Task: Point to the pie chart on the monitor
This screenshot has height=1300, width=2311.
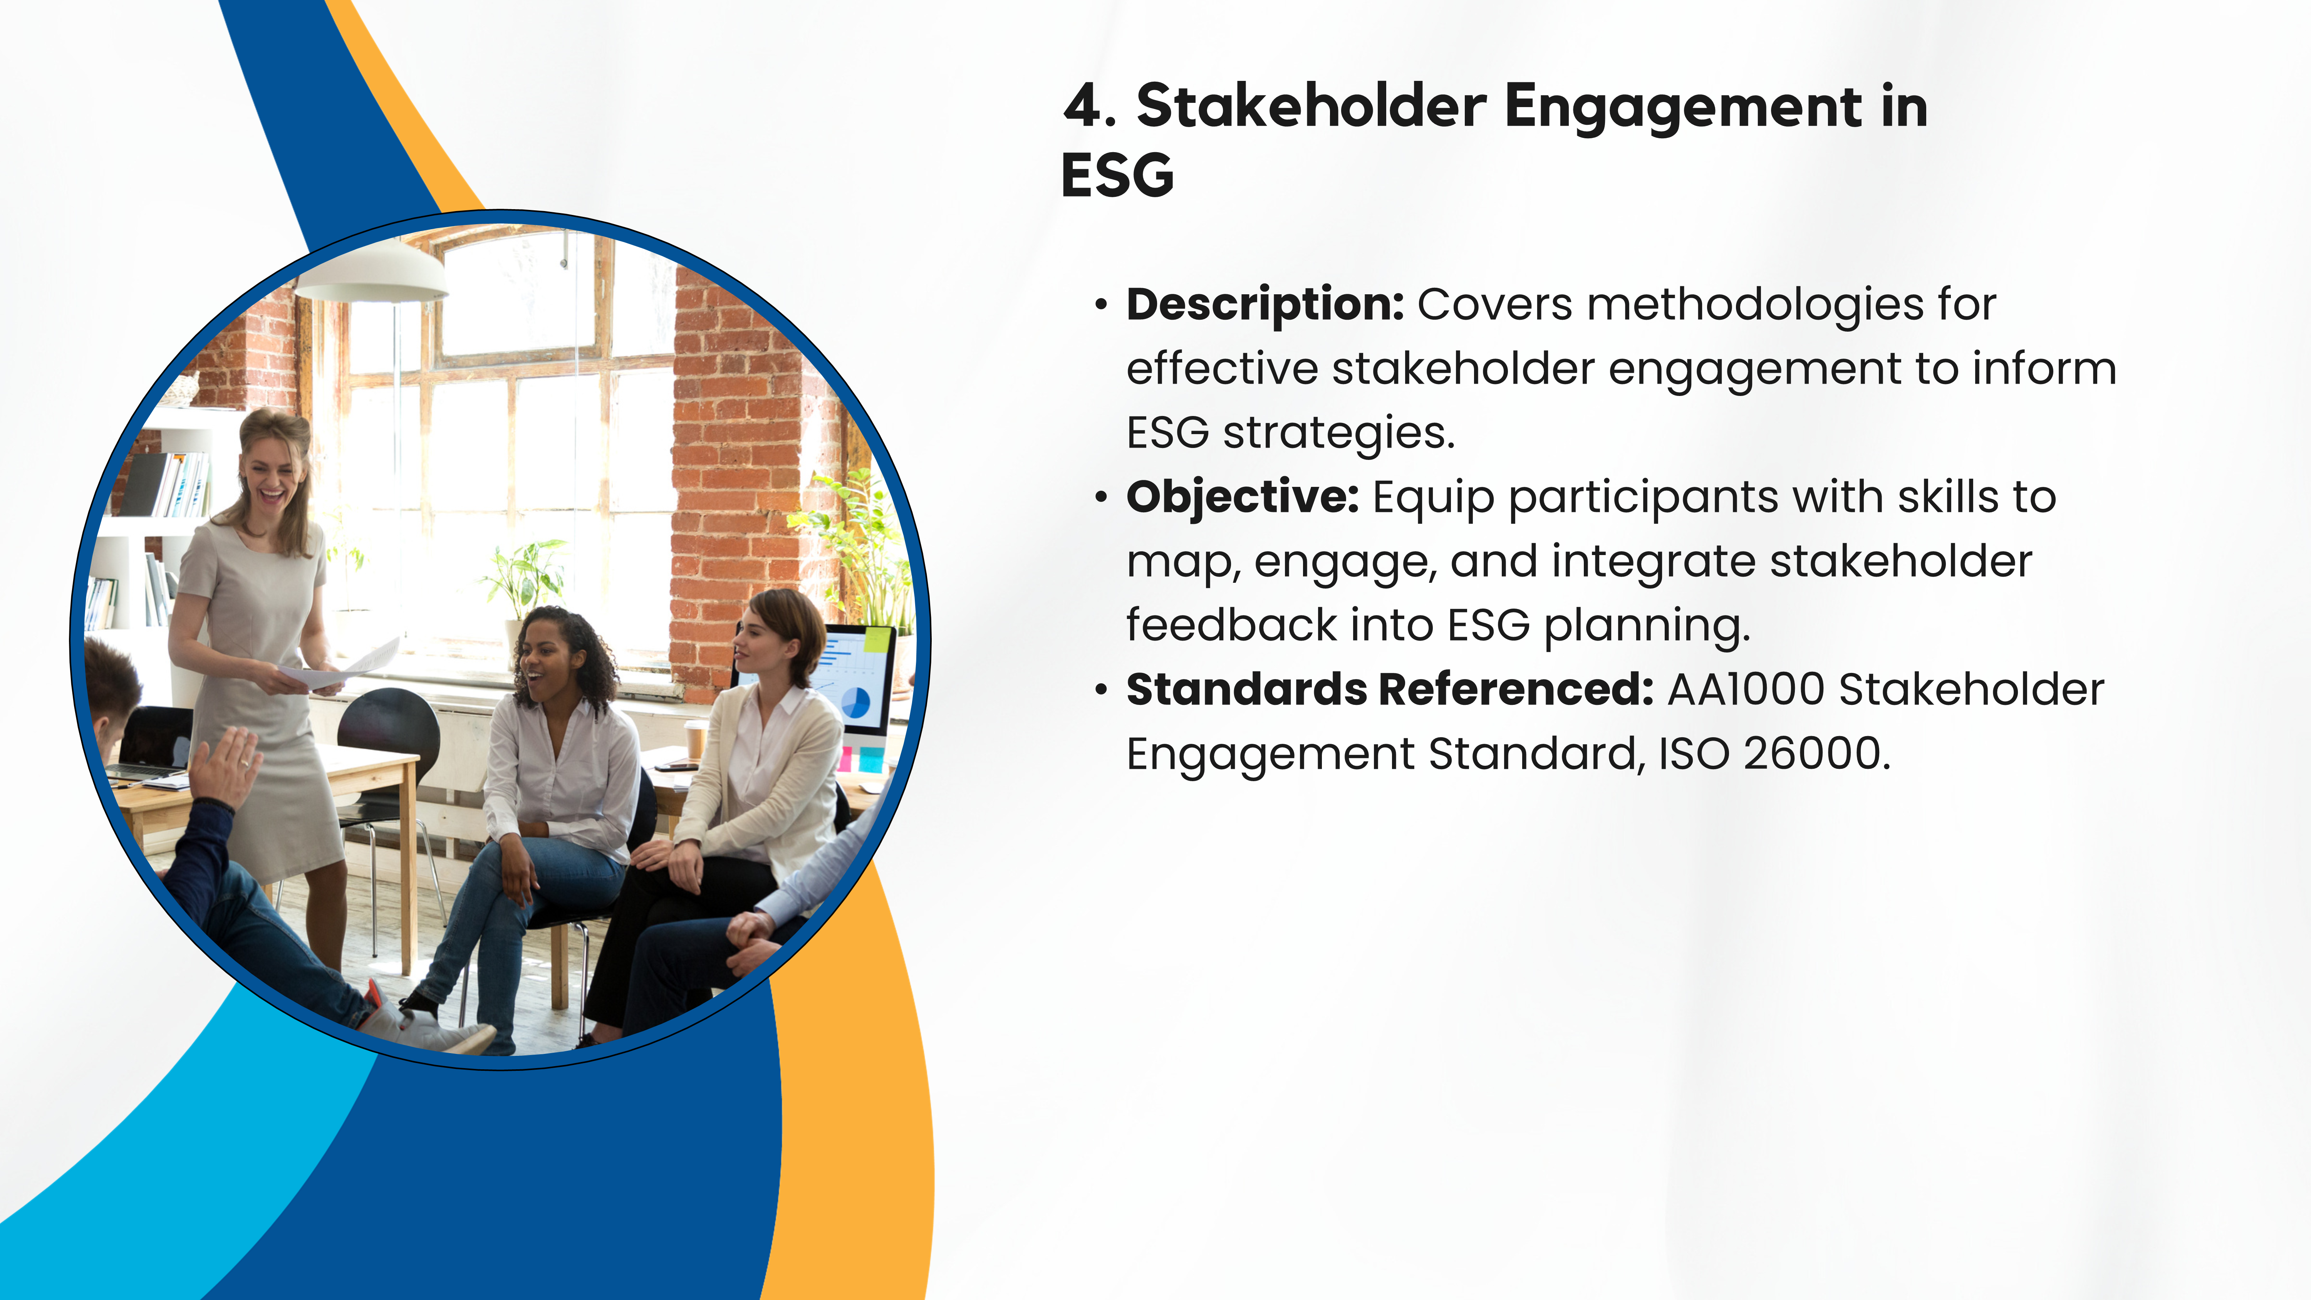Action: tap(855, 703)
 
